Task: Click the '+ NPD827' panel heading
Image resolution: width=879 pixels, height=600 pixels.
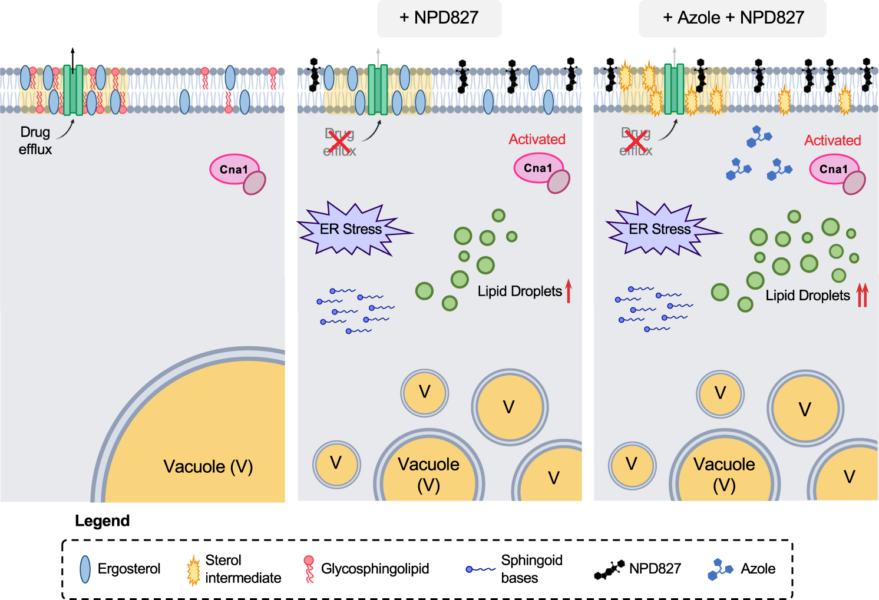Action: pyautogui.click(x=439, y=18)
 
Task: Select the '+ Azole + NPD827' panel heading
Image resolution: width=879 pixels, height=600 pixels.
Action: pyautogui.click(x=733, y=18)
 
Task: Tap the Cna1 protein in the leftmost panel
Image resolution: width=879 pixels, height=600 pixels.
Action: pyautogui.click(x=236, y=171)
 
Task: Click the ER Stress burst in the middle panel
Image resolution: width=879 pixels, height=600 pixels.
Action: pyautogui.click(x=351, y=230)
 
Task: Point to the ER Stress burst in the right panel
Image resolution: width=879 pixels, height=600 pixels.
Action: pyautogui.click(x=660, y=230)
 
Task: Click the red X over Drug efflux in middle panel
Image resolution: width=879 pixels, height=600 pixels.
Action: pyautogui.click(x=339, y=142)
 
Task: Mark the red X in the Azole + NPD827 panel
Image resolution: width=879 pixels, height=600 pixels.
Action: pyautogui.click(x=636, y=142)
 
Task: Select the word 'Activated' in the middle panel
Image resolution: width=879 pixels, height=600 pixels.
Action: pyautogui.click(x=537, y=140)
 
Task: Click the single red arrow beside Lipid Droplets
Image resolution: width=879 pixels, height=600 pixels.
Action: pyautogui.click(x=569, y=291)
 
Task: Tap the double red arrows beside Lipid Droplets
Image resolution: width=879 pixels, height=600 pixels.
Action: pyautogui.click(x=862, y=295)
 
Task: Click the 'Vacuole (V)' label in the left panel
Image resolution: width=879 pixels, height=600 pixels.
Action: pyautogui.click(x=208, y=467)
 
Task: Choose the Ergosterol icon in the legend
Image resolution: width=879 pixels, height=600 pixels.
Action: pyautogui.click(x=85, y=569)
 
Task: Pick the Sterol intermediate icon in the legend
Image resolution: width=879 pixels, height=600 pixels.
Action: pyautogui.click(x=193, y=570)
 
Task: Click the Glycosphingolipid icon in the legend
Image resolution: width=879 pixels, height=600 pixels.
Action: pyautogui.click(x=309, y=569)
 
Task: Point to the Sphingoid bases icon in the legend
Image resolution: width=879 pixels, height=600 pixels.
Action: pyautogui.click(x=480, y=569)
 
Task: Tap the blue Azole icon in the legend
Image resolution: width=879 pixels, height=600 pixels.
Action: pyautogui.click(x=720, y=569)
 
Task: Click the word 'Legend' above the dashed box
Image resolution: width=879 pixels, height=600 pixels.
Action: pyautogui.click(x=102, y=521)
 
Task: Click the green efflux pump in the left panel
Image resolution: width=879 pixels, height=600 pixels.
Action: pyautogui.click(x=73, y=90)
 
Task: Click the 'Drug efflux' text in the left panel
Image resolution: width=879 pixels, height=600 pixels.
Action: pyautogui.click(x=35, y=141)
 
